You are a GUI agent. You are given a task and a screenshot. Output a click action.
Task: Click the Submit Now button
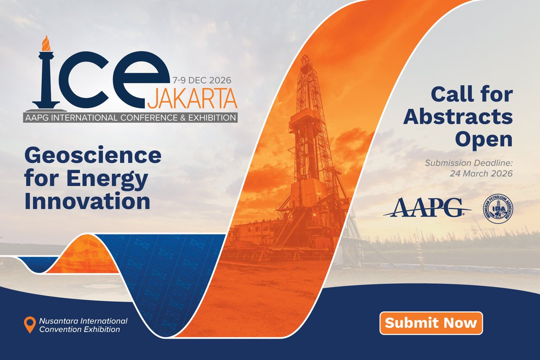click(x=431, y=323)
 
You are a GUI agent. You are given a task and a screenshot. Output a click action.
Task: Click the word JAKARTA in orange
click(x=192, y=99)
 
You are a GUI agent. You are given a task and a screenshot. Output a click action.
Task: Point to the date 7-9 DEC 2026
click(x=202, y=81)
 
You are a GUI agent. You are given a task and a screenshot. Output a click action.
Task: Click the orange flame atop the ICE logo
click(x=45, y=43)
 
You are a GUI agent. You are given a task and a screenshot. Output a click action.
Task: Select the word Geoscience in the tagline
click(x=93, y=156)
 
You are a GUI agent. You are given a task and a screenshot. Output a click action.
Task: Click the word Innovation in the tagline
click(x=87, y=201)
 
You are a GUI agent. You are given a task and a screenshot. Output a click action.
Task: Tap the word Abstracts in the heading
click(x=458, y=117)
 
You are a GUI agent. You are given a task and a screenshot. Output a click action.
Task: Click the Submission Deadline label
click(x=468, y=162)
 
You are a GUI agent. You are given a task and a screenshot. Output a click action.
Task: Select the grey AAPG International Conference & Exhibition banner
click(x=130, y=118)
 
